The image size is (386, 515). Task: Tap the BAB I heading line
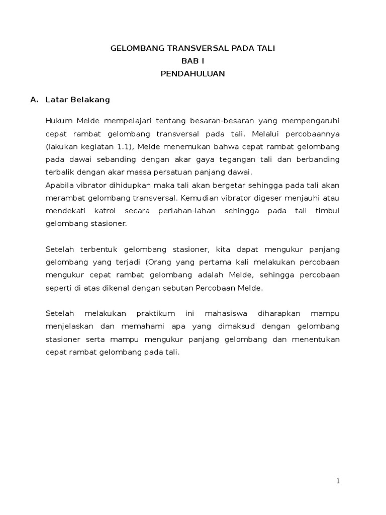pos(192,61)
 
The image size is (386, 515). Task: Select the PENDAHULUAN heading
pos(192,73)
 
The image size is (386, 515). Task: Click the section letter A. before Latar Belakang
pos(35,100)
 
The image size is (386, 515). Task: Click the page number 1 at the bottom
pos(338,481)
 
